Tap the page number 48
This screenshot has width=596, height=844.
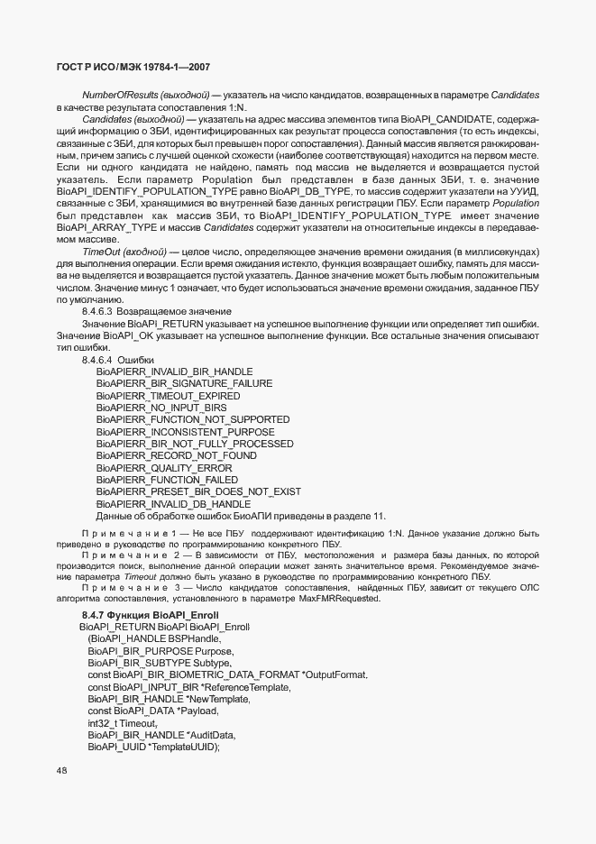62,770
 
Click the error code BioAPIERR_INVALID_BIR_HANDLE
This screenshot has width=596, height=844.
174,372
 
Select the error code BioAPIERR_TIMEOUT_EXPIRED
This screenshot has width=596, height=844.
168,396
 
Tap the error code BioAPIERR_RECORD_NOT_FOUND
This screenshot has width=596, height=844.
176,456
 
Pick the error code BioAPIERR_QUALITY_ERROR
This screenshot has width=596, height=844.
163,468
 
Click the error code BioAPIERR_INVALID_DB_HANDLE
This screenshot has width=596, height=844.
173,504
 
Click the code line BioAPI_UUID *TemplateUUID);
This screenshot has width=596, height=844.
154,748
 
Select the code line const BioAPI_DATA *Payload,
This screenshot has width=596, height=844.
153,711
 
